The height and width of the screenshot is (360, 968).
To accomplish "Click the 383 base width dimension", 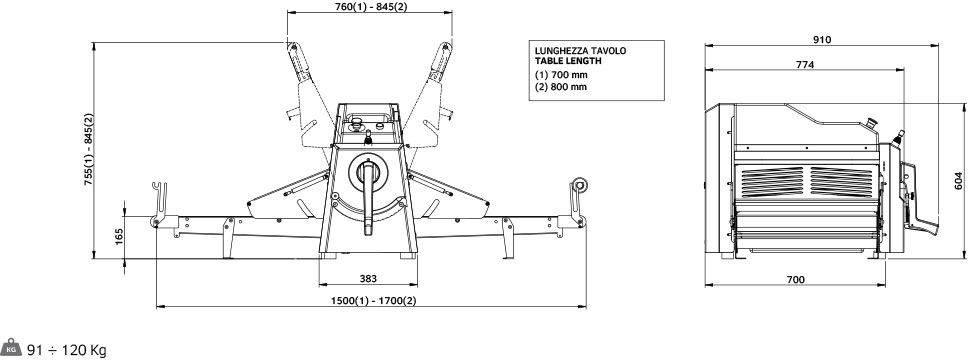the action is pos(368,279).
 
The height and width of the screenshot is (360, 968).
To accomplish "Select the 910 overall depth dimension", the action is pos(822,40).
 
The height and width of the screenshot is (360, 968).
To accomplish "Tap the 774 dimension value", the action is pos(805,64).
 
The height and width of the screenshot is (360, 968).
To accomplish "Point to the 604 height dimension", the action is pos(959,180).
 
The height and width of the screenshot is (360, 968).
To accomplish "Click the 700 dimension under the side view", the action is pos(796,280).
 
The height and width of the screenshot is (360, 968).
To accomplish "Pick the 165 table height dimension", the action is pos(119,237).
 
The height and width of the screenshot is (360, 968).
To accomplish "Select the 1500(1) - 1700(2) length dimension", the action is pos(373,301).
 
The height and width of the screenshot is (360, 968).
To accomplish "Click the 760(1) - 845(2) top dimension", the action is pos(370,7).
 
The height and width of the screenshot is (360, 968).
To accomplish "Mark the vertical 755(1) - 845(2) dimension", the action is pos(88,150).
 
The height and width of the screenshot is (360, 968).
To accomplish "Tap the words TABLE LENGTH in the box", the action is pos(567,61).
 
